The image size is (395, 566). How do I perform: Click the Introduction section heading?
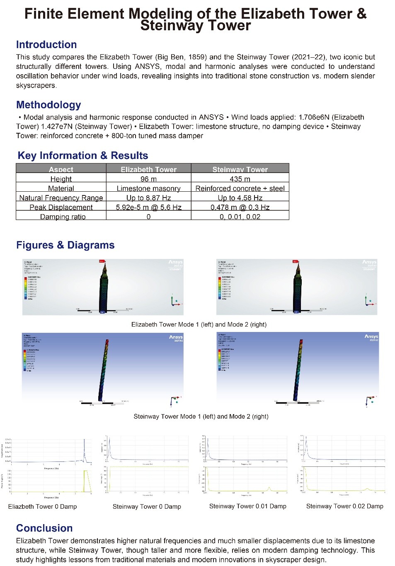(46, 45)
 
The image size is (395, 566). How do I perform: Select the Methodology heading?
(48, 105)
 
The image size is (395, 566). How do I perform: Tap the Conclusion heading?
(44, 528)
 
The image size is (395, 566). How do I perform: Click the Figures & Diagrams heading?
(65, 245)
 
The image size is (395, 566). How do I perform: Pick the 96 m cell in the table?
(148, 179)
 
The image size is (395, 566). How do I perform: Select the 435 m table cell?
(240, 179)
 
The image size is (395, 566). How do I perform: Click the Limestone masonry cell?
(148, 188)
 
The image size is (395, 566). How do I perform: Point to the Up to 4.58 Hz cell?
(240, 198)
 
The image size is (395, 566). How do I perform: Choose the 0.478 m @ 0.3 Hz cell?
(240, 207)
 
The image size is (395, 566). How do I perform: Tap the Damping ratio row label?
(63, 217)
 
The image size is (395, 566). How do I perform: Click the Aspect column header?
(61, 169)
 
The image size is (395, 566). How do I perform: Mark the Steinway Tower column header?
(240, 169)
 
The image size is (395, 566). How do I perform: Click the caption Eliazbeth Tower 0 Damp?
(42, 507)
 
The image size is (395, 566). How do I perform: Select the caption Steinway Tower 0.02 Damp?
(344, 506)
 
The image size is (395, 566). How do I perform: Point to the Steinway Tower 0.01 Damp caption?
(247, 506)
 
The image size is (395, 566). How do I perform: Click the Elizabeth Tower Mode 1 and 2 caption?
(199, 324)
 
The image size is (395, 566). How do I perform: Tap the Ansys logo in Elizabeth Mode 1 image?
(175, 262)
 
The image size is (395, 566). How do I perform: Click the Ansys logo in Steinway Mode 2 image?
(371, 337)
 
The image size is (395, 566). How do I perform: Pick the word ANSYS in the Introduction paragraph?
(150, 66)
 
